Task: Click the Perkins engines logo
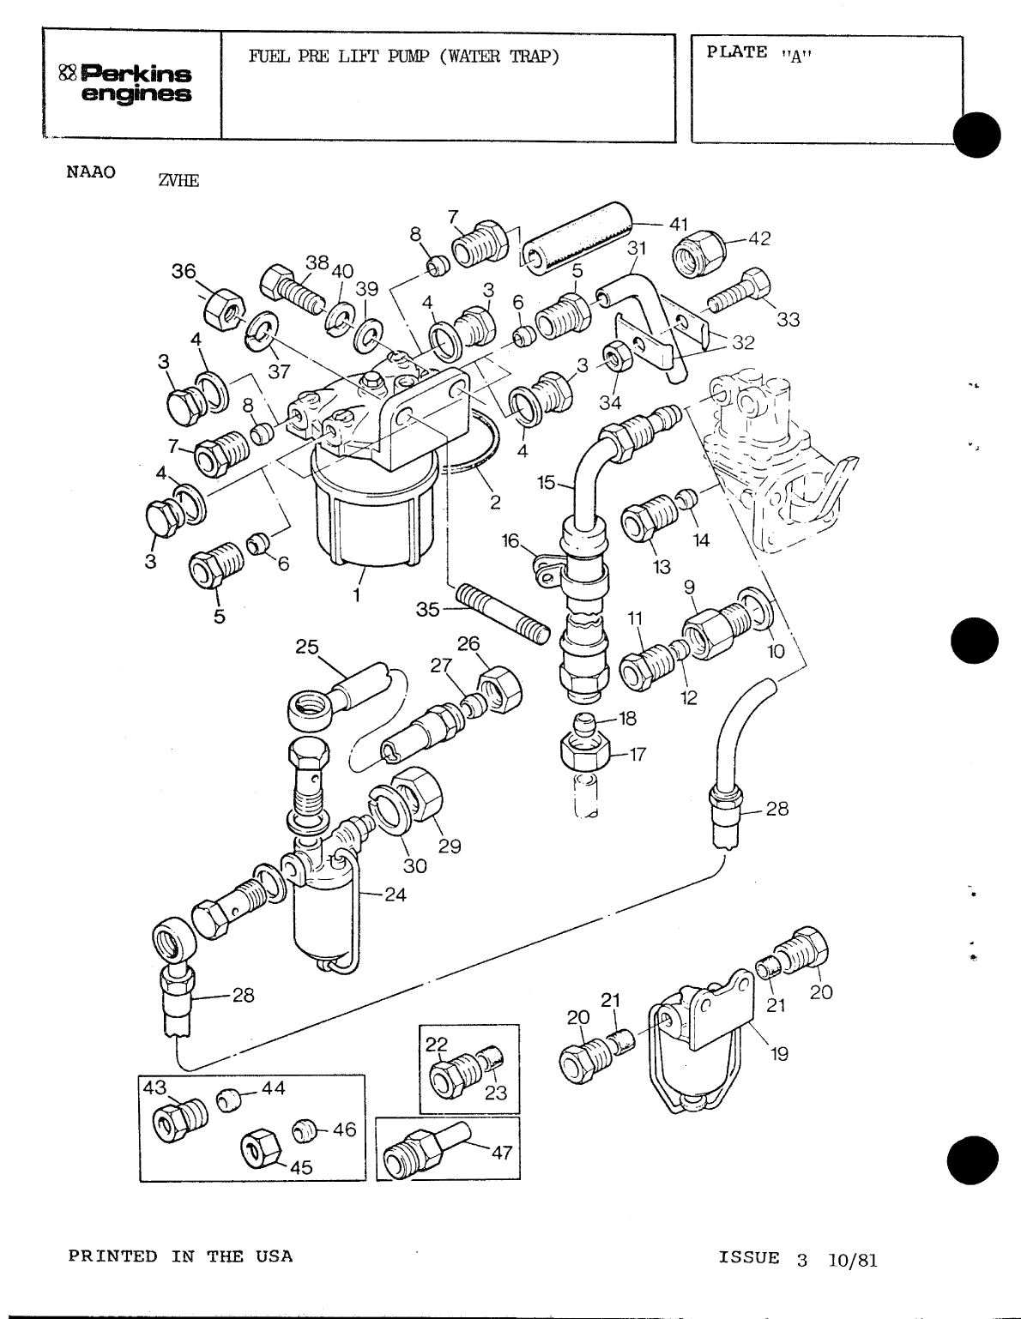click(129, 83)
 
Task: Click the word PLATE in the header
click(736, 52)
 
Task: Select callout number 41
click(679, 225)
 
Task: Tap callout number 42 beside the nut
click(759, 239)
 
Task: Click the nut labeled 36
click(225, 307)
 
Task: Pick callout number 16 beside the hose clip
click(511, 539)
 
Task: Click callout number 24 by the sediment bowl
click(395, 894)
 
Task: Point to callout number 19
click(779, 1054)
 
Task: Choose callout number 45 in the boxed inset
click(300, 1166)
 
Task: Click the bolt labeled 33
click(740, 290)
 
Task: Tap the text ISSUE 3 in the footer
click(763, 1259)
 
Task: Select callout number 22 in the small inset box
click(437, 1043)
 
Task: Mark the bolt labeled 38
click(292, 289)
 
